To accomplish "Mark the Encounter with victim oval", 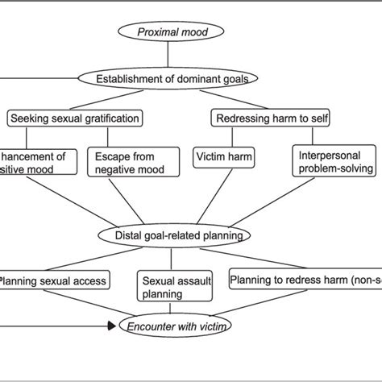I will (x=172, y=326).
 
